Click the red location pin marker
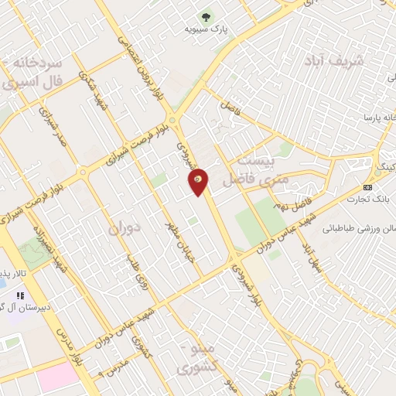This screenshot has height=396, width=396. pyautogui.click(x=199, y=181)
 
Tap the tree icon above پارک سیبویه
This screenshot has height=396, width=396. pyautogui.click(x=205, y=16)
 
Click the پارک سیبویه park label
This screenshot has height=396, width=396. pyautogui.click(x=205, y=29)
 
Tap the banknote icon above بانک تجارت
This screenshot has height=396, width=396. pyautogui.click(x=367, y=188)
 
